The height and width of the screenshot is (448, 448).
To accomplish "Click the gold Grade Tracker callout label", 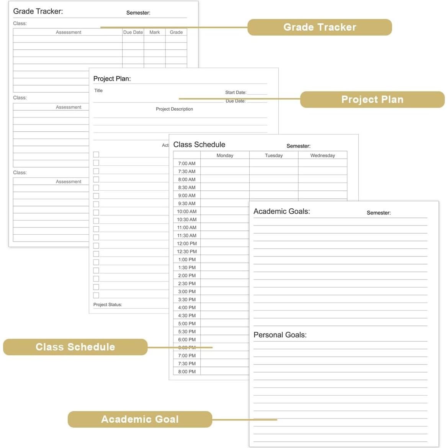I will tap(319, 27).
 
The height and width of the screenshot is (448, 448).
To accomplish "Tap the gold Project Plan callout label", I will tap(372, 100).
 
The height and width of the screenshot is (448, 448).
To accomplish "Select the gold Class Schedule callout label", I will tap(75, 347).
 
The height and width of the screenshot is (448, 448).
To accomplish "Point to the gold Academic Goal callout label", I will tap(140, 419).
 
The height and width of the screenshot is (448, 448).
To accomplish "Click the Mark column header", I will tap(155, 32).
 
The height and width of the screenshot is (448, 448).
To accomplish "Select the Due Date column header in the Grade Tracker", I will tap(133, 32).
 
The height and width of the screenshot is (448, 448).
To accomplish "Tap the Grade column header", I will tap(176, 32).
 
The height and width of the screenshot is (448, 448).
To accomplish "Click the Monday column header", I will tap(225, 155).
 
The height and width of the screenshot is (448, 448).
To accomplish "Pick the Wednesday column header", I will tap(322, 155).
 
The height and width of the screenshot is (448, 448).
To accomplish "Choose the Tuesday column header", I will tap(274, 155).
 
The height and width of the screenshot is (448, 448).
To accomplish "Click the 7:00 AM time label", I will tap(187, 164).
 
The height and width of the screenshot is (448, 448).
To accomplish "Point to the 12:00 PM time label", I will tap(187, 244).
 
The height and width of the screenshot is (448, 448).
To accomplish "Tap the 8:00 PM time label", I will tap(187, 371).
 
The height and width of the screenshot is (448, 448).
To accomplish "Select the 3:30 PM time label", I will tap(187, 299).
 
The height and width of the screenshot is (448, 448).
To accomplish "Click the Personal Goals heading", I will tap(280, 335).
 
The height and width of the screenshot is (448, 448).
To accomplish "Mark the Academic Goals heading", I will tap(281, 211).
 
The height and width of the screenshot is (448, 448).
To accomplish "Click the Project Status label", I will tap(108, 305).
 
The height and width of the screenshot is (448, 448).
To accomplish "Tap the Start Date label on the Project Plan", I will tap(235, 92).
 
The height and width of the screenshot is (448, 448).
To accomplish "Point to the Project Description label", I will tap(174, 109).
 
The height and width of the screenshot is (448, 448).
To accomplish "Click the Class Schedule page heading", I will tap(199, 145).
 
